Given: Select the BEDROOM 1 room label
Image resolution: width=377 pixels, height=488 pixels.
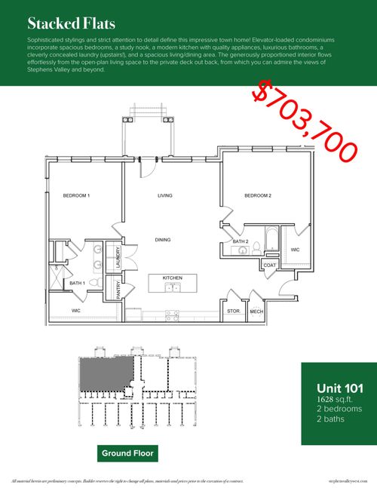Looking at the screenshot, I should [76, 196].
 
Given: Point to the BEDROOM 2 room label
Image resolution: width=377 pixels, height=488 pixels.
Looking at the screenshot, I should [257, 196].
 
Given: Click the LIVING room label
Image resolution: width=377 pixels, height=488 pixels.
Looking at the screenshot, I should [165, 196].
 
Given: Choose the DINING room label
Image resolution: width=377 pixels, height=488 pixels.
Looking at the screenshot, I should [163, 240].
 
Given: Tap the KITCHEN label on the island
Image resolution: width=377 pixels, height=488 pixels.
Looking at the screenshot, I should [173, 278].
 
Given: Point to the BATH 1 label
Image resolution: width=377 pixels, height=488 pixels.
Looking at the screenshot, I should [78, 283].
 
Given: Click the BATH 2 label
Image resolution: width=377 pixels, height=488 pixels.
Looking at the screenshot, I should [241, 241].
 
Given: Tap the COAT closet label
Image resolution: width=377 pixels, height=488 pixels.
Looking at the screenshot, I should [270, 265].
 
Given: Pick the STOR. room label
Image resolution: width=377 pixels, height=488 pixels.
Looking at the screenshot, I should [233, 311].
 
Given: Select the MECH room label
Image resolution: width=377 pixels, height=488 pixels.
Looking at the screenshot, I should [256, 311].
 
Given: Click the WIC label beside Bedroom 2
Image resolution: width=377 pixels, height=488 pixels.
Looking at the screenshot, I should [295, 249].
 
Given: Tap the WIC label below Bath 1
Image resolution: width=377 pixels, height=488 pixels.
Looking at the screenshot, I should [76, 310].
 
